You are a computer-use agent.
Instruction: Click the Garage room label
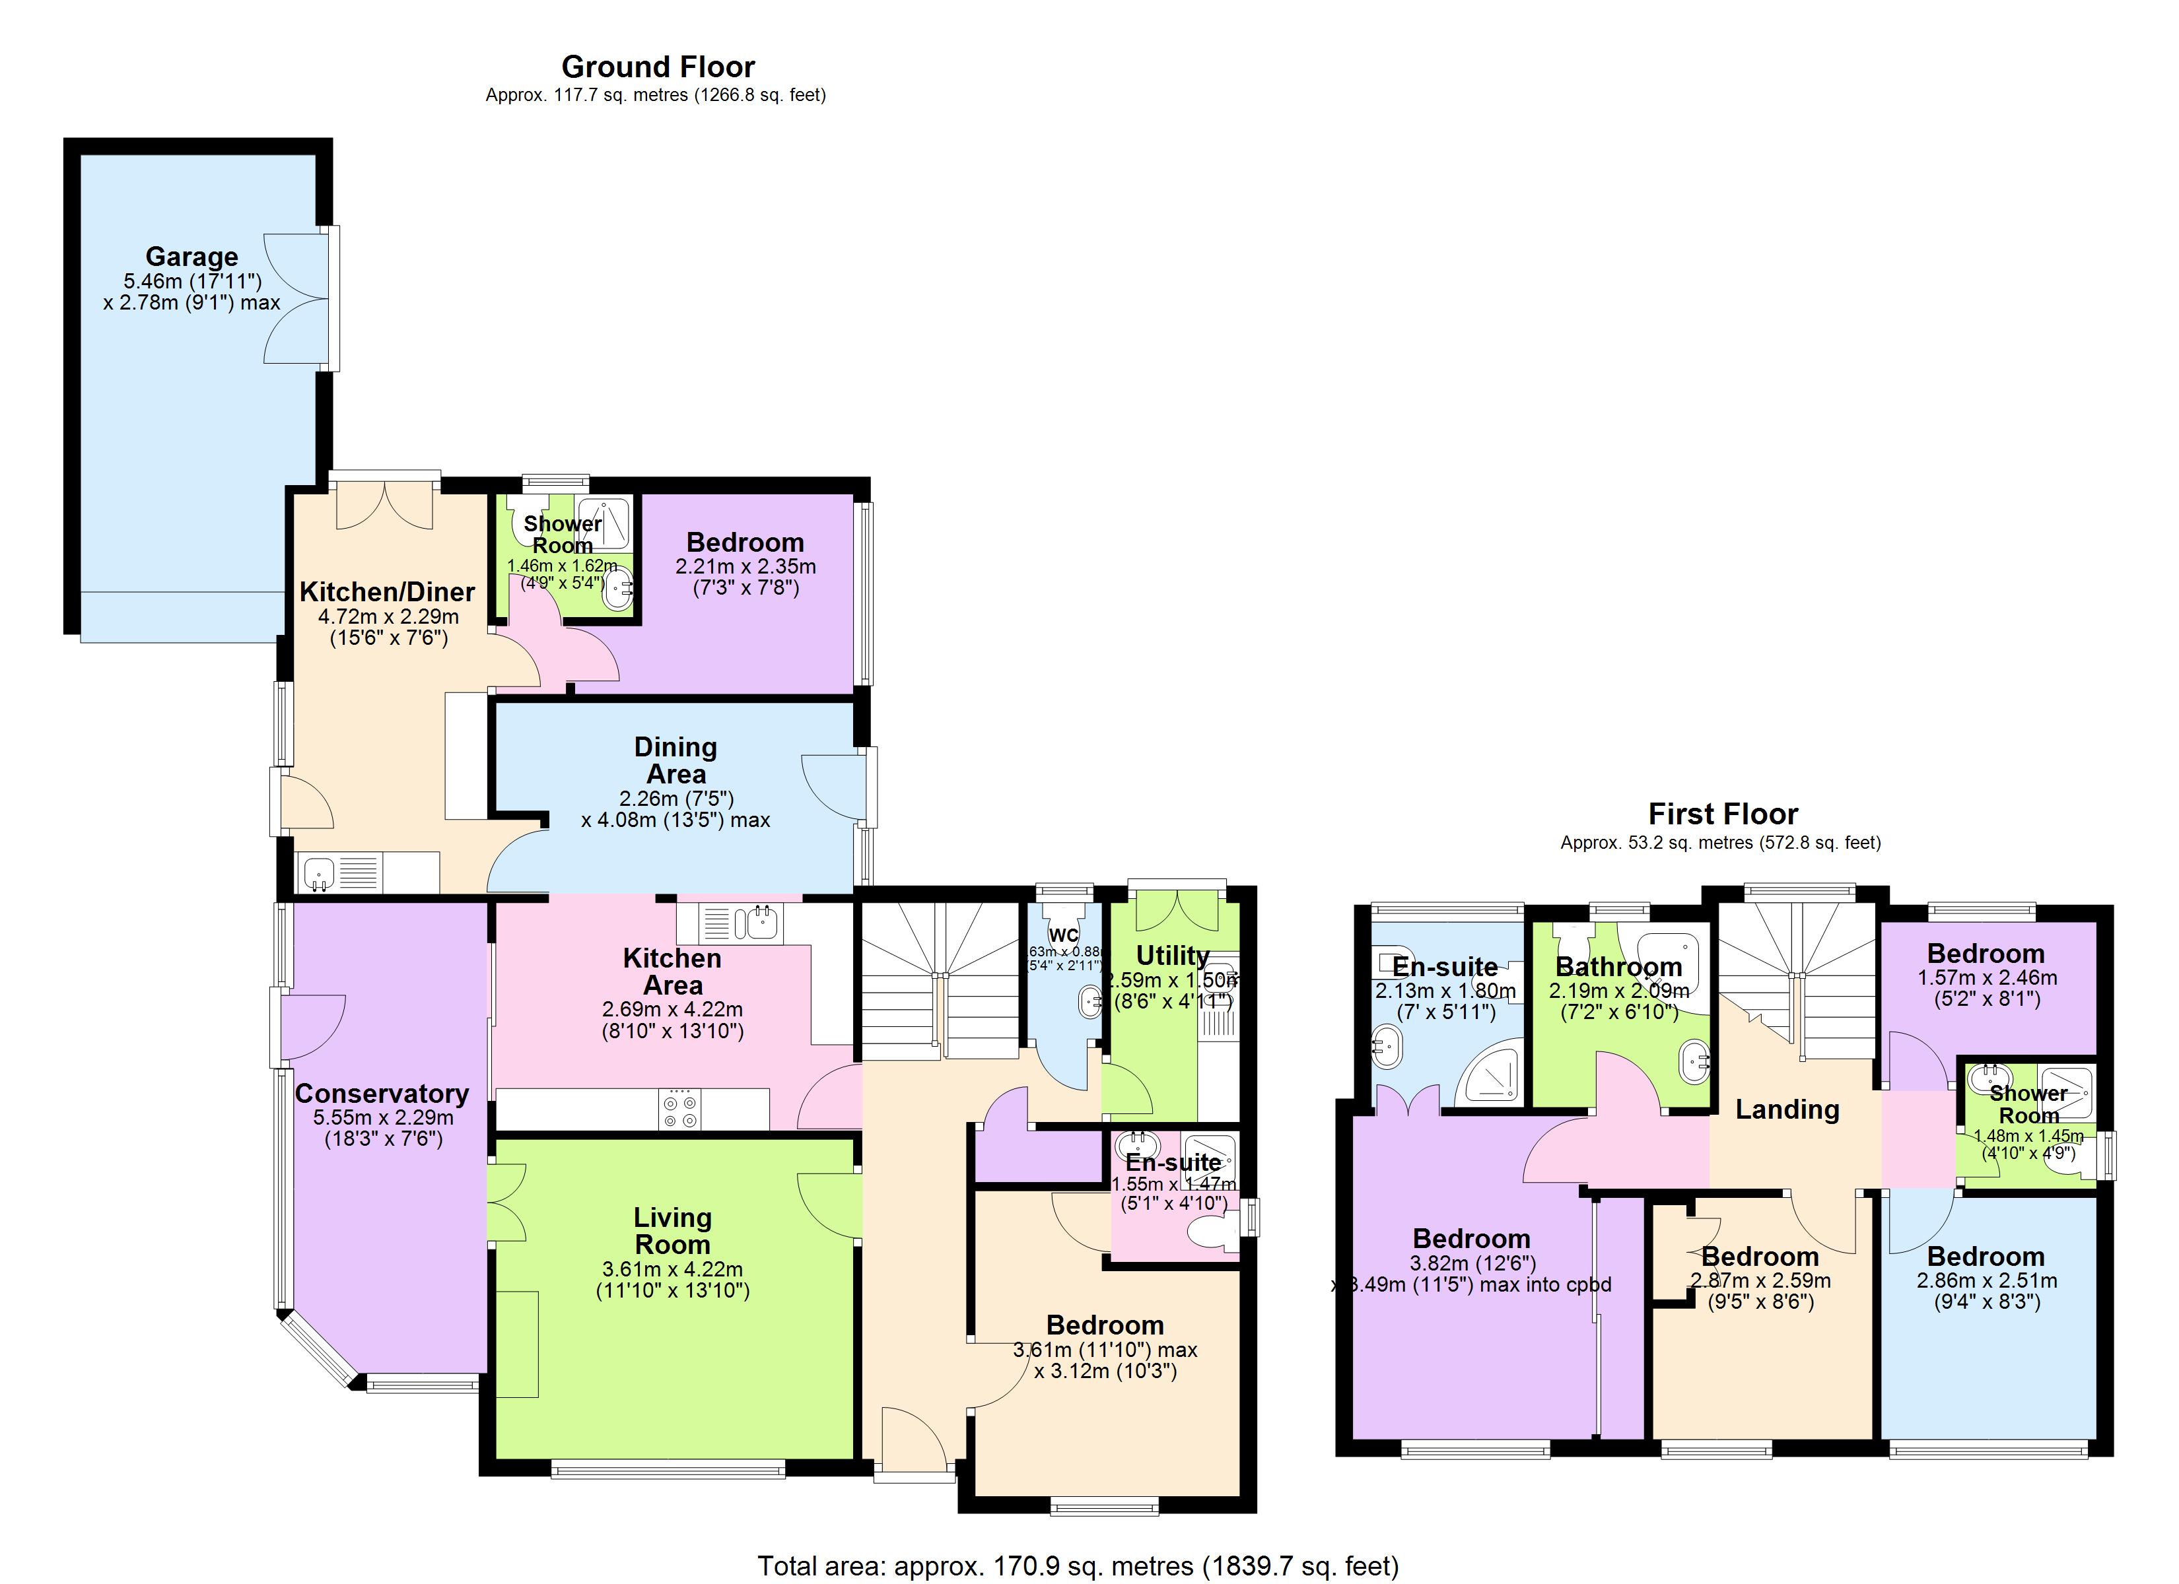191,257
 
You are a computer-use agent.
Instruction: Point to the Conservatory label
382,1093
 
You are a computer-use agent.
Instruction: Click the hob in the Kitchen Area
680,1110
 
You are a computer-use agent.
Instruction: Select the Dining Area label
675,760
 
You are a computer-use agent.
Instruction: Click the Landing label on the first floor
1786,1109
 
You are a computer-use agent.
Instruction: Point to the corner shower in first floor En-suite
1489,1076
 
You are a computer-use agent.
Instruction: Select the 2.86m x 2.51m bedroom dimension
1986,1280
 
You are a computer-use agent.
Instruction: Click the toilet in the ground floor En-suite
1212,1232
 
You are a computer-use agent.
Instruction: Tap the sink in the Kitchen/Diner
318,873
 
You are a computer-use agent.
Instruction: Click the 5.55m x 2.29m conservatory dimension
382,1117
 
